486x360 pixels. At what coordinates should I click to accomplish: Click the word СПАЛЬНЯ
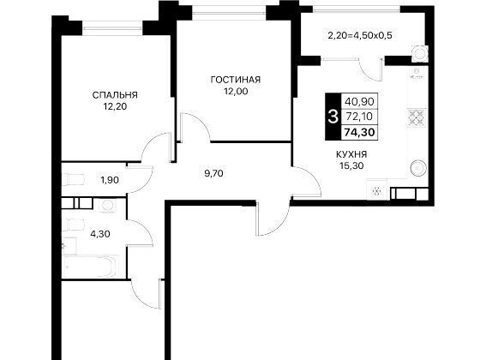(115, 95)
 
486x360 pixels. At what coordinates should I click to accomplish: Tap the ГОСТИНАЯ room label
(236, 80)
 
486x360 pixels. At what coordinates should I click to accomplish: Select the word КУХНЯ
(351, 154)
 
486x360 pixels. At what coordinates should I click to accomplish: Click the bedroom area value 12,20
(116, 106)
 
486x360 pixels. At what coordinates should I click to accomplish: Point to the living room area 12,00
(237, 92)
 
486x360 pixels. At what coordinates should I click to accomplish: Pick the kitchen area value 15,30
(351, 166)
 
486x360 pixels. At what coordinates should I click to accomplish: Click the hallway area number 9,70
(213, 173)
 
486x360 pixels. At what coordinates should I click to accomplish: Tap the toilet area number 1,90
(110, 180)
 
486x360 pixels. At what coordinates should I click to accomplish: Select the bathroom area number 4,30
(100, 234)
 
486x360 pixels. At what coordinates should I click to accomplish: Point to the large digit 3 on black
(333, 117)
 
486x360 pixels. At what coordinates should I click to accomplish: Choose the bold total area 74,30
(359, 132)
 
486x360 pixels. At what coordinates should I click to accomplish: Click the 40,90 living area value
(359, 101)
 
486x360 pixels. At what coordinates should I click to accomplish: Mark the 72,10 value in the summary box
(359, 117)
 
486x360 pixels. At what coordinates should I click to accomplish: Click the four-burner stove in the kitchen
(417, 117)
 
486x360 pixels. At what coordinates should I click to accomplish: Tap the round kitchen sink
(418, 169)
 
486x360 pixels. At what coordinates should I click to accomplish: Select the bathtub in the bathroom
(90, 267)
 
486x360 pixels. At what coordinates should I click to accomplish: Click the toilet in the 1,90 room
(74, 179)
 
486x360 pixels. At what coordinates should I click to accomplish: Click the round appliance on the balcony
(420, 53)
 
